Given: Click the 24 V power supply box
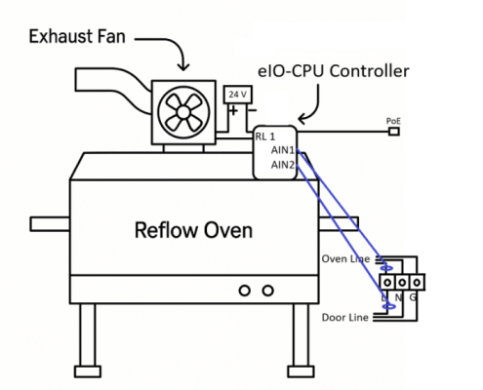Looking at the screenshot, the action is point(238,95).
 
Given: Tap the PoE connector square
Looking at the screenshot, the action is point(394,132).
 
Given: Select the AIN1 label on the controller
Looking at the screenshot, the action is point(283,150).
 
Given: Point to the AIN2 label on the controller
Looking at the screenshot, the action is point(283,165).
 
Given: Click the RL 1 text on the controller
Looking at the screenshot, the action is point(265,136).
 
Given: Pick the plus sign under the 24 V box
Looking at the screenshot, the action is point(233,111).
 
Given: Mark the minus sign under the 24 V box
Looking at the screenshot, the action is point(252,110).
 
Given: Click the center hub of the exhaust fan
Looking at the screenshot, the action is point(183,112).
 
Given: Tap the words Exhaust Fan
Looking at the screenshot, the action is point(77,36).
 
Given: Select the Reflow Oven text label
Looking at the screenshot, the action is point(193,230).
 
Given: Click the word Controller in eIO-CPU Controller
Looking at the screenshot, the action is point(370,71).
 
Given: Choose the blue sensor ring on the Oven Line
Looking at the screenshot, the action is point(386,268).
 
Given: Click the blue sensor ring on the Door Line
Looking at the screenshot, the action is point(389,306).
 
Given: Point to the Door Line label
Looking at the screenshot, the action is point(344,317).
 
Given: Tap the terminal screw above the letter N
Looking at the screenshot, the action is point(402,283).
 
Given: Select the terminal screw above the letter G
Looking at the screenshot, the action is point(417,283).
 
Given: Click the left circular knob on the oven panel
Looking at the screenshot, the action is point(245,291).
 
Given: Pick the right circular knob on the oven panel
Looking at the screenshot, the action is point(267,291).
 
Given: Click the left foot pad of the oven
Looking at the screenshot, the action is point(88,371).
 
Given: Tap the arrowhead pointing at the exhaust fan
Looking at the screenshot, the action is point(183,67).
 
